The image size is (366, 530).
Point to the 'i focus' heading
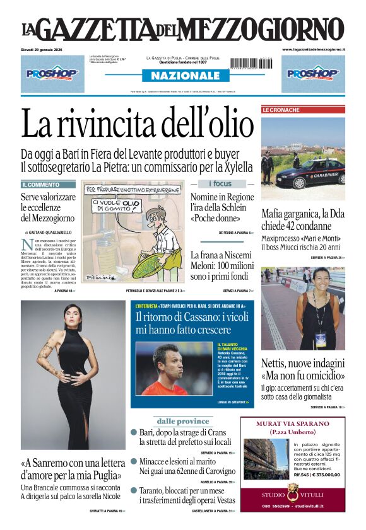pyautogui.click(x=220, y=183)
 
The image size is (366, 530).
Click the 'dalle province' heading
pyautogui.click(x=183, y=420)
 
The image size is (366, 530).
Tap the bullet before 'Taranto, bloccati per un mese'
pyautogui.click(x=134, y=490)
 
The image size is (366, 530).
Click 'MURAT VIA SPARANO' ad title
pyautogui.click(x=292, y=424)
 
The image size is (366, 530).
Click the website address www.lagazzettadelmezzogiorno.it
pyautogui.click(x=313, y=49)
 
